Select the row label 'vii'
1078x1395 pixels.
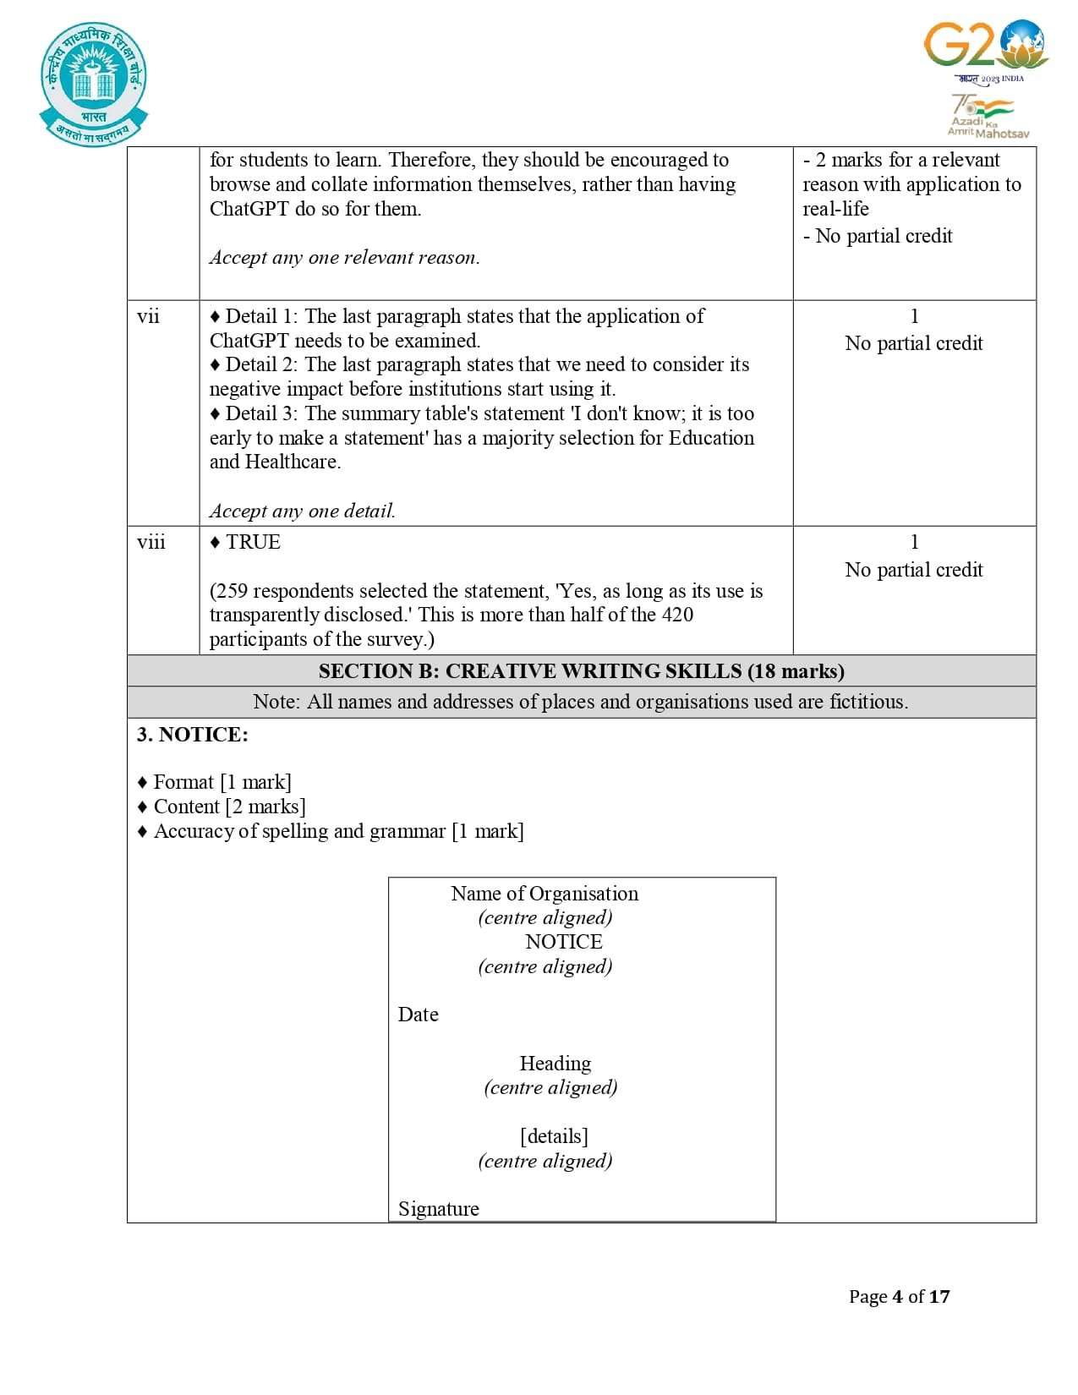click(x=148, y=316)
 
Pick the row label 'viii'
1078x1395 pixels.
click(x=151, y=542)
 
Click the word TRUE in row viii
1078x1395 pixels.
click(x=253, y=542)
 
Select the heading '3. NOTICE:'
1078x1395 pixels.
click(x=193, y=735)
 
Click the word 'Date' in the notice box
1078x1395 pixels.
click(x=419, y=1015)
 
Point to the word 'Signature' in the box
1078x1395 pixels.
click(x=439, y=1209)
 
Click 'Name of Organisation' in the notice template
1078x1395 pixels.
click(x=544, y=894)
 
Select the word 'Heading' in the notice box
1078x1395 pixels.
click(x=555, y=1064)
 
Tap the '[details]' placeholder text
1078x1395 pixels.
click(x=554, y=1136)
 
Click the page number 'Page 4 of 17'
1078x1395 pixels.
click(x=899, y=1297)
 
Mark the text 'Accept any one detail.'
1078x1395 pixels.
click(x=303, y=511)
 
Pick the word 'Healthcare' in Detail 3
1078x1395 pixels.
click(x=292, y=462)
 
